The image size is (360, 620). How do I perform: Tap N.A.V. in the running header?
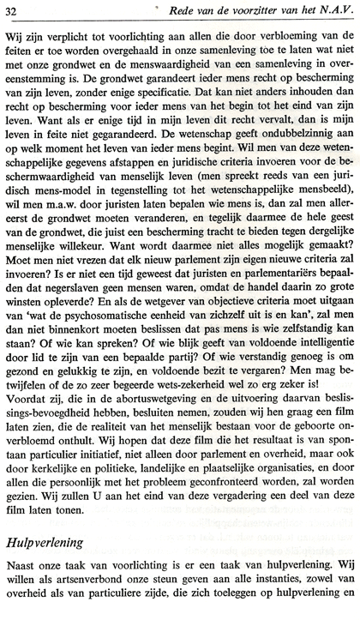coord(328,10)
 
